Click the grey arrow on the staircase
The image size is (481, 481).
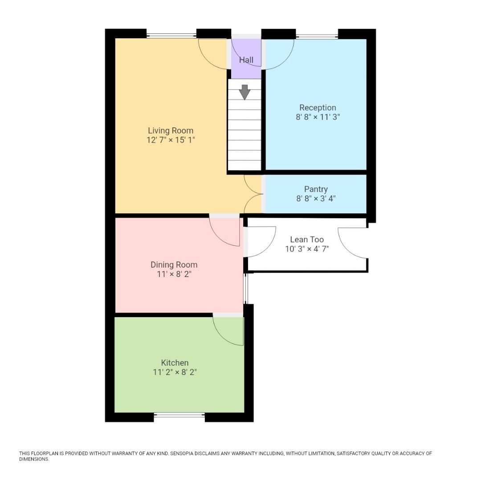point(245,92)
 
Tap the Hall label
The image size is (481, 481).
point(246,60)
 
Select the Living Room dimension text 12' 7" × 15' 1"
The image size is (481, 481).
point(171,140)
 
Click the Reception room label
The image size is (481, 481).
point(318,107)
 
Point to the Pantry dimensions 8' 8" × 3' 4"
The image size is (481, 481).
point(316,199)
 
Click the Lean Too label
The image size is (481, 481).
point(307,240)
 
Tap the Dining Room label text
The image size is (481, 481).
point(174,265)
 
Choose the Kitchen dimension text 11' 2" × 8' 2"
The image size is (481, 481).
point(175,372)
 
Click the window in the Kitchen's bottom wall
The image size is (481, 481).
point(179,415)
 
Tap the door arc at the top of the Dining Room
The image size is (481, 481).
point(226,232)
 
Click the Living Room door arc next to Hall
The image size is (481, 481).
point(213,55)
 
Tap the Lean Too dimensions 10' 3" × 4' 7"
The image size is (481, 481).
point(307,249)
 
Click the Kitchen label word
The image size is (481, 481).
point(175,363)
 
